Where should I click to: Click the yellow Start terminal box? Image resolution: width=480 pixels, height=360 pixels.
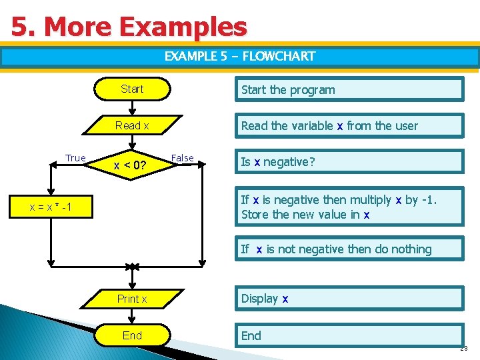pos(132,89)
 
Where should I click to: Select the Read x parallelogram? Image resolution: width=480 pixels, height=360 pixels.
pos(132,125)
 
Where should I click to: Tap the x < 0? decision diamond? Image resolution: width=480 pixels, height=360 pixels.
pos(131,164)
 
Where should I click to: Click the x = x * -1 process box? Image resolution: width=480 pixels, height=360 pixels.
pos(51,208)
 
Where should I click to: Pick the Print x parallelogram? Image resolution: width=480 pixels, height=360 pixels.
pos(132,299)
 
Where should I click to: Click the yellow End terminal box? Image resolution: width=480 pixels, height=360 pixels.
pos(132,335)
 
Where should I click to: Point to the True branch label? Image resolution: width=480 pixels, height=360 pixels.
pos(75,158)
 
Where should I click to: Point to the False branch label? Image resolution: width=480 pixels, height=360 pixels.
pos(182,158)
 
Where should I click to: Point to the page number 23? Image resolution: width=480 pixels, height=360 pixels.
pos(464,349)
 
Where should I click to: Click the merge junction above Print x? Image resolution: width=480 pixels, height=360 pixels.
pos(132,267)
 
